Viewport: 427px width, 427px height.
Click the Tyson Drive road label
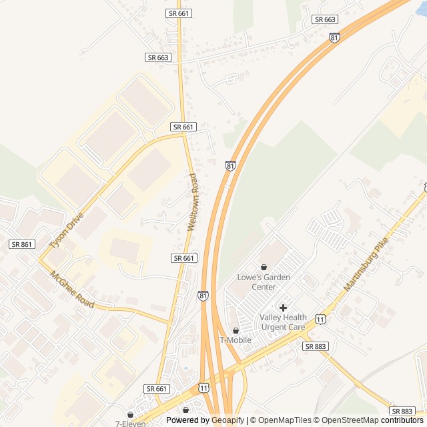(x=67, y=232)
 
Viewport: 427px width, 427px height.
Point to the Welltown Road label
(x=193, y=202)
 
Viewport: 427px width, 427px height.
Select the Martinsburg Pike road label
(x=366, y=266)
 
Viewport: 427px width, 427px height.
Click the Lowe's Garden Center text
(x=256, y=282)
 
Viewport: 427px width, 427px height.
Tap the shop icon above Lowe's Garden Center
(x=264, y=267)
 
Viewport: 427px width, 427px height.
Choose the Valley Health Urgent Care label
(x=283, y=322)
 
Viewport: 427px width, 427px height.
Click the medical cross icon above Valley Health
(x=283, y=308)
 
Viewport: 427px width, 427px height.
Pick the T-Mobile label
(x=236, y=340)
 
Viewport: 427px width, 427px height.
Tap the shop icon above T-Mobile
(x=236, y=330)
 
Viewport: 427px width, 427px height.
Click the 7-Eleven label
(x=129, y=423)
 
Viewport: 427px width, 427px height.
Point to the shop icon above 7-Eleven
(x=130, y=414)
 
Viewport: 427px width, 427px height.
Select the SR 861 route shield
(x=21, y=245)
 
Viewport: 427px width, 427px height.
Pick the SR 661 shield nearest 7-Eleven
(x=157, y=388)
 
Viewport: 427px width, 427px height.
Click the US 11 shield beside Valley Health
(x=321, y=320)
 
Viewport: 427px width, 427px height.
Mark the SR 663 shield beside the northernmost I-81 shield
(x=325, y=20)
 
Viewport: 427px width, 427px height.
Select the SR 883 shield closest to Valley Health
(x=315, y=346)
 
